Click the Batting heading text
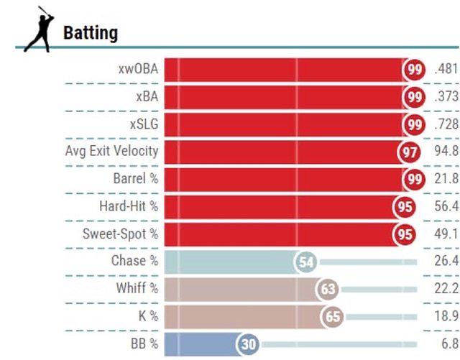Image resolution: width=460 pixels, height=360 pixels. click(91, 33)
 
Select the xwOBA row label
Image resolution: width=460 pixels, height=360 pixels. click(138, 70)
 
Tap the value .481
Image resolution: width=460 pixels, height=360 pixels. click(446, 70)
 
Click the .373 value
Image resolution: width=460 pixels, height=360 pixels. click(446, 97)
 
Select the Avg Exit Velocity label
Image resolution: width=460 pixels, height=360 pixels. click(111, 152)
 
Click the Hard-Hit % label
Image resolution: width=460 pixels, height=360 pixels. click(129, 206)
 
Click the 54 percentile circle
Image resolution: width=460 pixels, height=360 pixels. click(306, 262)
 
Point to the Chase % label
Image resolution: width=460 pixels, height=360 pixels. click(134, 261)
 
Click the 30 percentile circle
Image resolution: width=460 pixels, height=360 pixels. click(249, 344)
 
